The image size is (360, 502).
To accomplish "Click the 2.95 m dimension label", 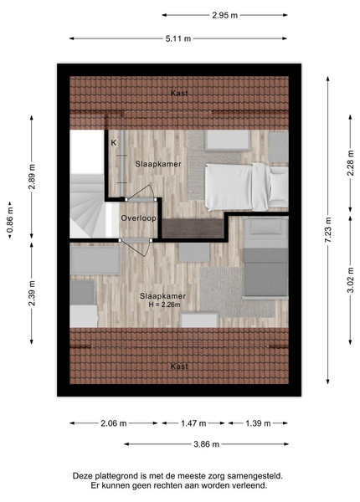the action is point(224,15).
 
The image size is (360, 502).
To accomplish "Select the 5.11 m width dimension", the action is point(178,38).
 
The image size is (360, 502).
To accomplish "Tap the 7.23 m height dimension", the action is point(327,230).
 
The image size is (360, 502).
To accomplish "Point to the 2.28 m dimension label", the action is point(351,163).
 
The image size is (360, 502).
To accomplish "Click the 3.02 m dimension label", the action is point(351,279).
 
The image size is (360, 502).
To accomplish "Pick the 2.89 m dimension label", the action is point(32,177).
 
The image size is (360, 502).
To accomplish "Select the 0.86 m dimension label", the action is point(10,220).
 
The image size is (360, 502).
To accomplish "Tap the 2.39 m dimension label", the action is point(32,294).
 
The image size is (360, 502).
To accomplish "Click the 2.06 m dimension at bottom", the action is point(114,423).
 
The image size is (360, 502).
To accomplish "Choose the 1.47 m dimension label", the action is point(193,423).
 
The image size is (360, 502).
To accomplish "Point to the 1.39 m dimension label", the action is point(258,423).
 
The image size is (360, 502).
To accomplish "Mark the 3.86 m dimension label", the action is point(206,444).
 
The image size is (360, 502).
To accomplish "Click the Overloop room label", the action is point(138,218).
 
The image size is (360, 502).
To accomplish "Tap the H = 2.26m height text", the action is point(164,305).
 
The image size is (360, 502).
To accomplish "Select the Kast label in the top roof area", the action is point(179,93).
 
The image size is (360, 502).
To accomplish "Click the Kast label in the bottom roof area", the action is point(179,366).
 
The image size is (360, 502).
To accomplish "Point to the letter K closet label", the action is point(114,143).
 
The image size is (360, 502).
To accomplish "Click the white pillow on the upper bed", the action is point(279,187).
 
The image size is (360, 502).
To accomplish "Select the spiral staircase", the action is point(88,205).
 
